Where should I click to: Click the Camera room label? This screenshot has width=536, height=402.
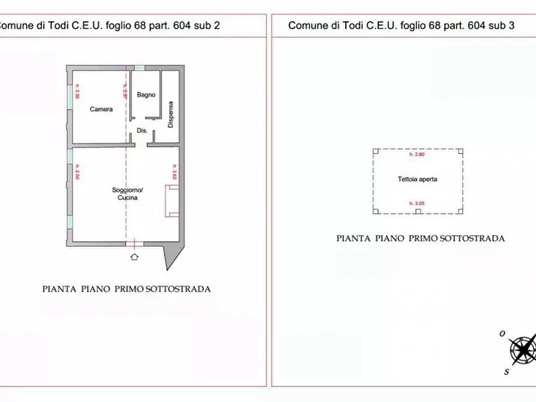[101, 109]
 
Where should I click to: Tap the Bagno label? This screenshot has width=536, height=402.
[146, 95]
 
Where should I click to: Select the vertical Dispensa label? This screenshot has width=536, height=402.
[170, 114]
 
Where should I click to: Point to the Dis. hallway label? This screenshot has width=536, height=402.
[142, 130]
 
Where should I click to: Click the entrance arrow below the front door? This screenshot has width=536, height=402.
[134, 257]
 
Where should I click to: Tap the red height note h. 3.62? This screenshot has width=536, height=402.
[174, 173]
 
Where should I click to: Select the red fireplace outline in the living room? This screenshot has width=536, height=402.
[172, 201]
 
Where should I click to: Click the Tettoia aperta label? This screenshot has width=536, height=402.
[417, 179]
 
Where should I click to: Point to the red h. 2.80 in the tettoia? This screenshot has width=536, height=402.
[417, 155]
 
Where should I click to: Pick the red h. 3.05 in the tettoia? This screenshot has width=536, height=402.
[417, 204]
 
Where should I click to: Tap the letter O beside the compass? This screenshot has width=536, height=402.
[502, 334]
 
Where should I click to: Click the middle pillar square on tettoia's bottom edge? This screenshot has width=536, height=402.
[418, 212]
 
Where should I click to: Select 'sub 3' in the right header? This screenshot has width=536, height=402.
[502, 25]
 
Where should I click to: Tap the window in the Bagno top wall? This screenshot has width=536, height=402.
[139, 67]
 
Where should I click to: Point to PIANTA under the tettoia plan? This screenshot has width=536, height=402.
[353, 238]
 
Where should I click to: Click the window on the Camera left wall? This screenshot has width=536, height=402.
[70, 93]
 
